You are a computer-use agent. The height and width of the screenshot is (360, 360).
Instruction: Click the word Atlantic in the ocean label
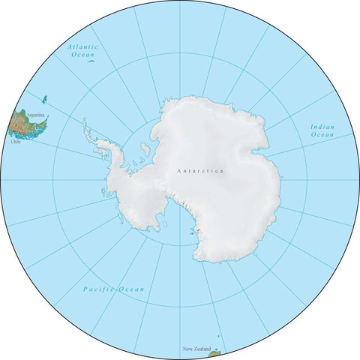pyautogui.click(x=82, y=46)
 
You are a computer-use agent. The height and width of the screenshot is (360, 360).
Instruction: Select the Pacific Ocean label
pyautogui.click(x=113, y=289)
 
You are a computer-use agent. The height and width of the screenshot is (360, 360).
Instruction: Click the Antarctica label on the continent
pyautogui.click(x=200, y=171)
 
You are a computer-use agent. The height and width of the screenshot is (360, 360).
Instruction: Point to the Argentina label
pyautogui.click(x=36, y=115)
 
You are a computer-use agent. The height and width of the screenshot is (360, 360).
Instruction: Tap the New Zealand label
pyautogui.click(x=196, y=349)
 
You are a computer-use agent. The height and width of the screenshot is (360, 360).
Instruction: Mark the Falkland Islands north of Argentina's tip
pyautogui.click(x=44, y=99)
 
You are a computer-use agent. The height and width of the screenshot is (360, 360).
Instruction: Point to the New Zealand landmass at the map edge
pyautogui.click(x=214, y=349)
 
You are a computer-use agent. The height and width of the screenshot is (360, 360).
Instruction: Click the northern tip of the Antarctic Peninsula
pyautogui.click(x=85, y=121)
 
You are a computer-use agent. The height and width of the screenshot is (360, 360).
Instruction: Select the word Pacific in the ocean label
pyautogui.click(x=97, y=289)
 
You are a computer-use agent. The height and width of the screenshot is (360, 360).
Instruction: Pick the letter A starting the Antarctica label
pyautogui.click(x=178, y=171)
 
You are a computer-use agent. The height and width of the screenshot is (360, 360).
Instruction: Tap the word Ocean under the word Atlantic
pyautogui.click(x=82, y=55)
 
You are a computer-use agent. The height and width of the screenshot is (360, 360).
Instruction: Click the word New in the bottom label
pyautogui.click(x=187, y=349)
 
